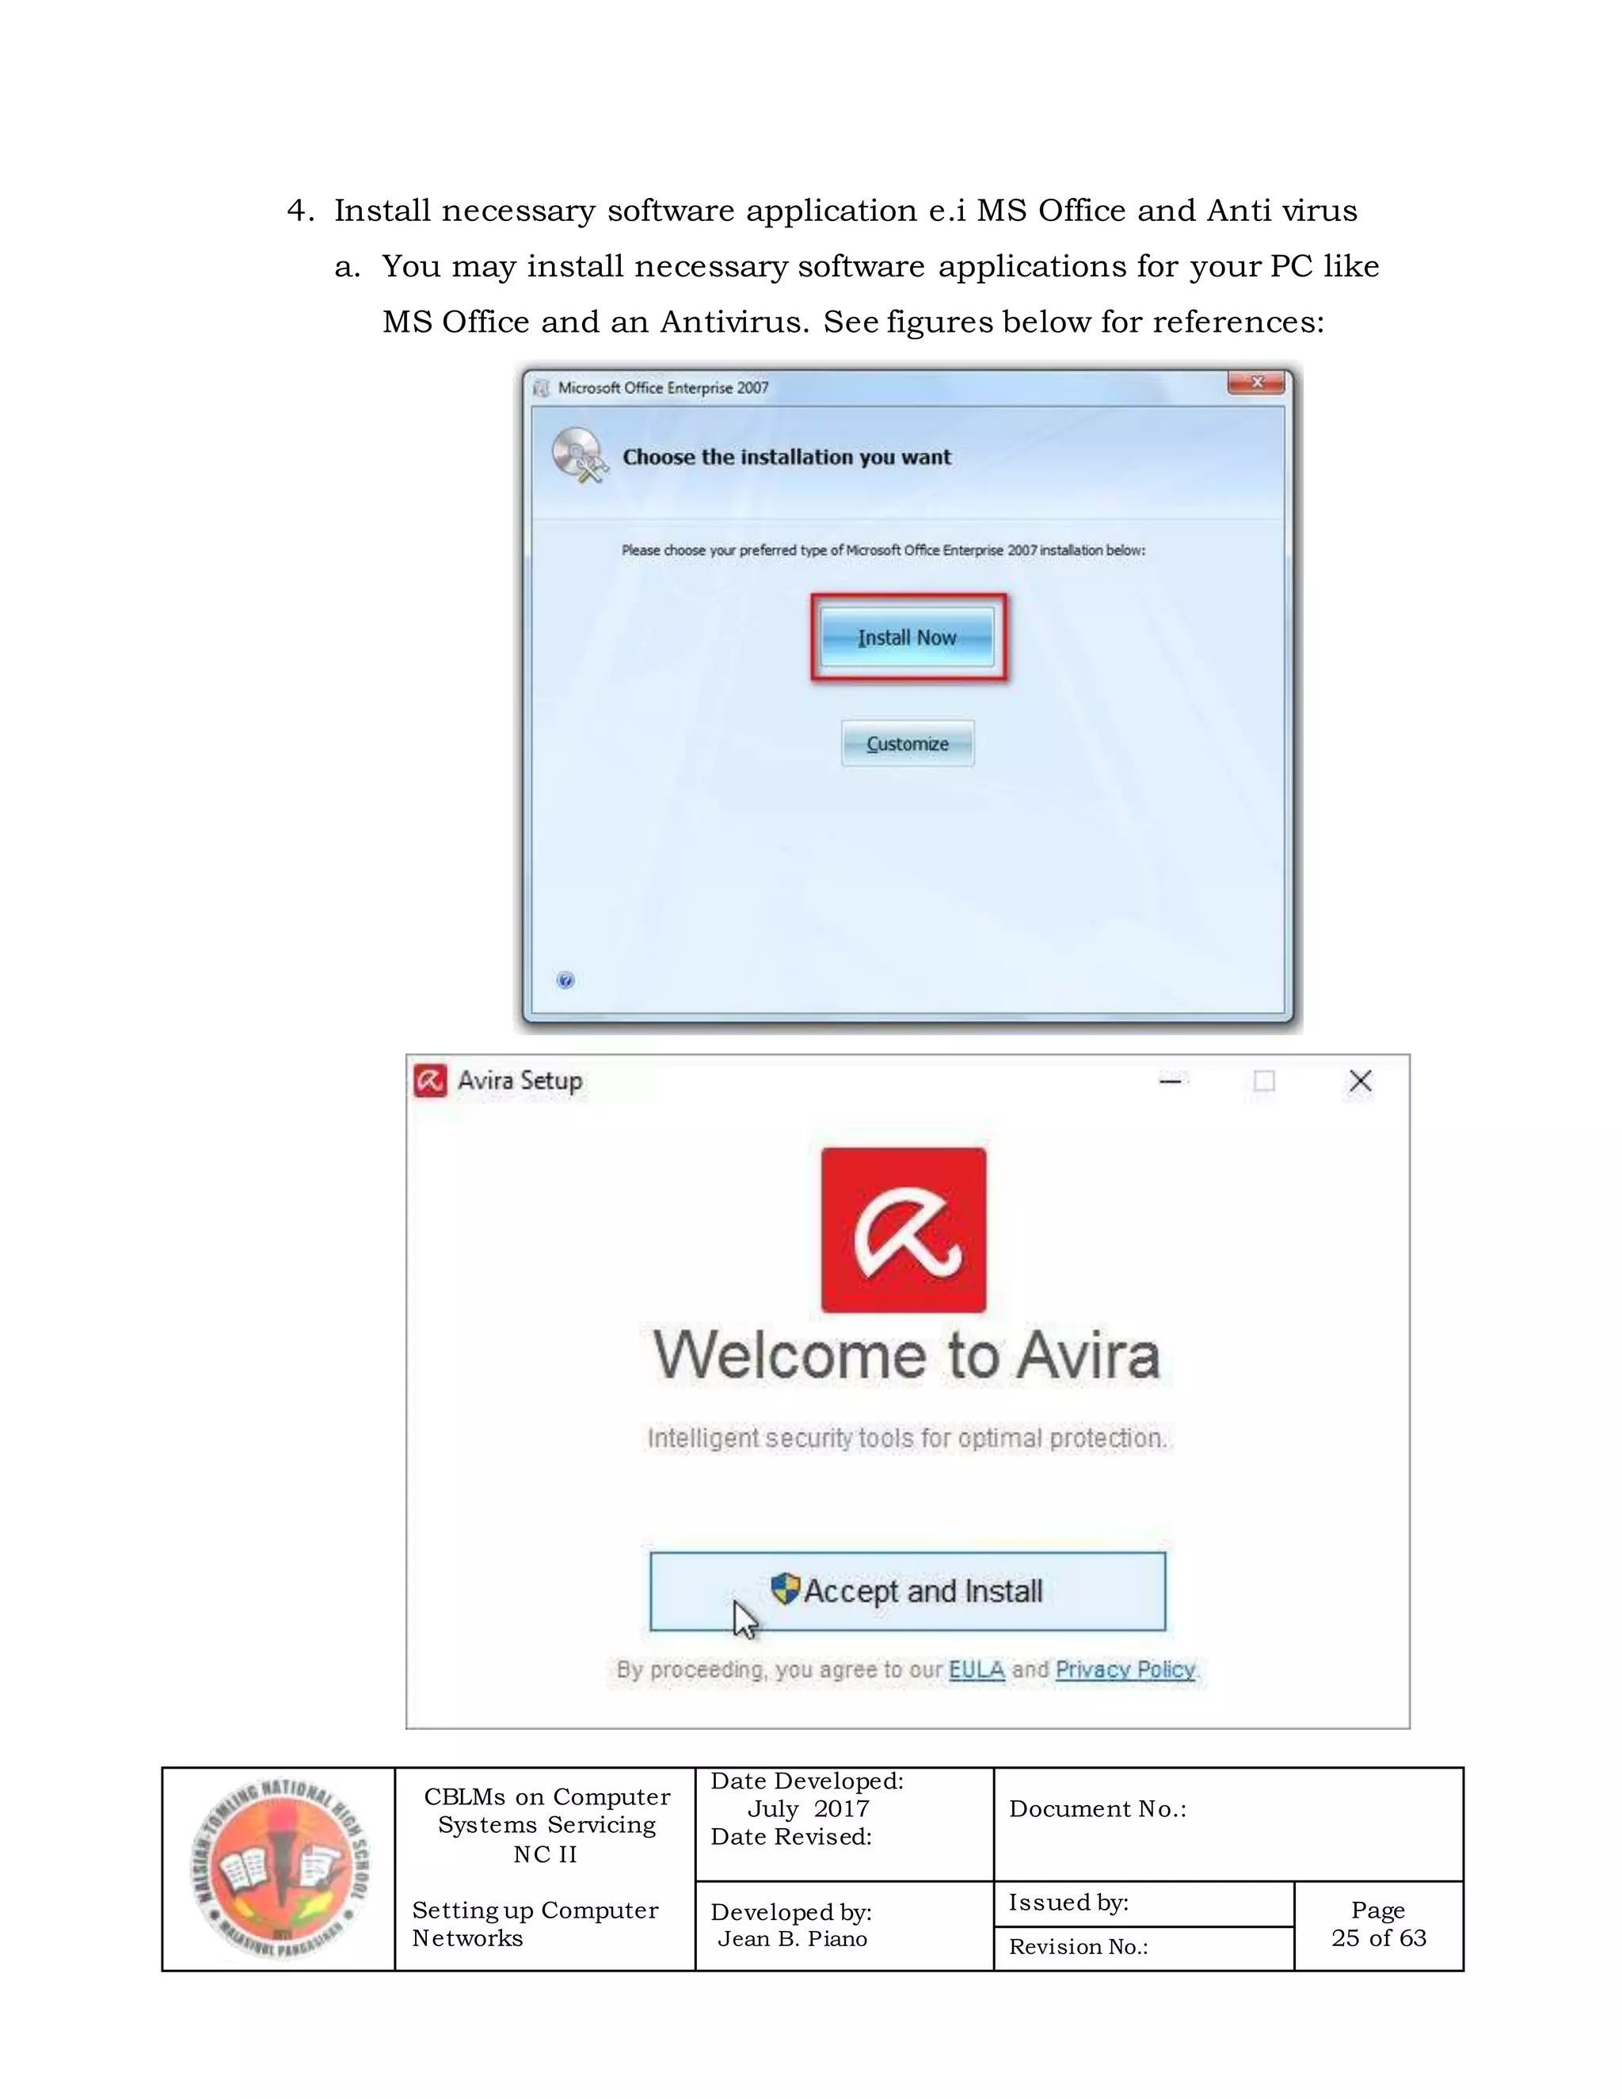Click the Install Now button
point(906,637)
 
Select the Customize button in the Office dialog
point(907,744)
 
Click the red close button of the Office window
point(1255,383)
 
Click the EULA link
point(977,1670)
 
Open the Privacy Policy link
point(1125,1670)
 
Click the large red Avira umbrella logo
point(903,1229)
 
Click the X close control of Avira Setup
point(1360,1081)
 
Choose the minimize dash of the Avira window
point(1170,1081)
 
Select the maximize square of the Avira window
point(1265,1081)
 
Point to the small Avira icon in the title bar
point(429,1080)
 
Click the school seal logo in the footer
point(279,1869)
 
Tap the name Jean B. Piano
point(792,1938)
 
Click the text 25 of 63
point(1378,1937)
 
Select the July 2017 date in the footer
point(807,1809)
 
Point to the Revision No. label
point(1078,1947)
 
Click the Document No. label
point(1098,1809)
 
